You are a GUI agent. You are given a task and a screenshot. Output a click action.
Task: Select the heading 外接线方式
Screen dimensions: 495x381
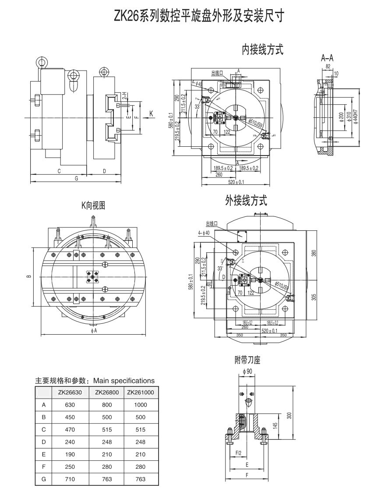coord(246,201)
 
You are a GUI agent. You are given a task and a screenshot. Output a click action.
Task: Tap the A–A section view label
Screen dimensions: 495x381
coord(327,57)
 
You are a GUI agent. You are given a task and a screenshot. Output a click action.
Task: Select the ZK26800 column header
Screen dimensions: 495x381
coord(107,392)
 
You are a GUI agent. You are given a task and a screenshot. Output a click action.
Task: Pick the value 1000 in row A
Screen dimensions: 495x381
coord(141,405)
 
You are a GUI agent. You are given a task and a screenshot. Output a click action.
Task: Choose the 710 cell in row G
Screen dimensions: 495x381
coord(70,479)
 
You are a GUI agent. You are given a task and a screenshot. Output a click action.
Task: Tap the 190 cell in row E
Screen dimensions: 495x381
coord(70,455)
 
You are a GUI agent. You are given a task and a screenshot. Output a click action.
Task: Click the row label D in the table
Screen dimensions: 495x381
coord(43,442)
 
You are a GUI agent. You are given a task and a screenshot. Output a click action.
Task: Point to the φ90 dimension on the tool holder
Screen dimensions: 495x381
coord(247,371)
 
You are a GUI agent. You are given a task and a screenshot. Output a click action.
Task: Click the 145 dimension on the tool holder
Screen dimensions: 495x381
coord(275,426)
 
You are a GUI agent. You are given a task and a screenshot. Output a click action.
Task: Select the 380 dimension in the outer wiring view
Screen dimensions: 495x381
coord(313,253)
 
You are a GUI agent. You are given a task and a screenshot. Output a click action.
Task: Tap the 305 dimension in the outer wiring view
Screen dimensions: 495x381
coord(313,297)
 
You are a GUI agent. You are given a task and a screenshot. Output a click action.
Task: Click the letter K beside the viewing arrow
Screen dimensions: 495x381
coord(151,113)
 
